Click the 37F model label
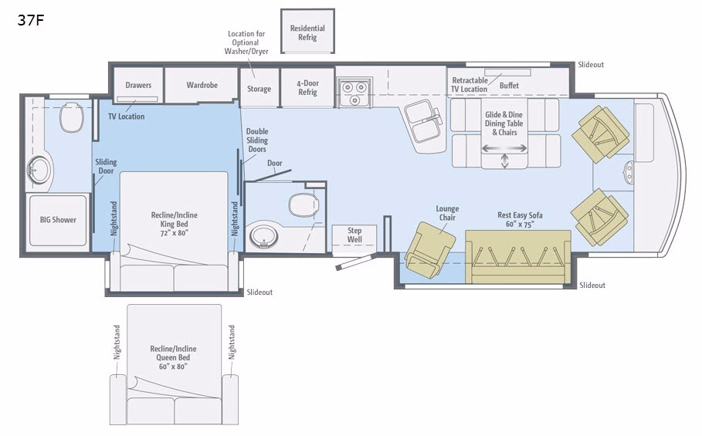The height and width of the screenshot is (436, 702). pos(31,20)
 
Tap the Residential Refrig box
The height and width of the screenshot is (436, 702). pos(307,32)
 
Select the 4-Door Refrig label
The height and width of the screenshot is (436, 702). pos(307,88)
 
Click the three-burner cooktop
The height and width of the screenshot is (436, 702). pos(354,93)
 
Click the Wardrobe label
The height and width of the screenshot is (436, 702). pos(202,85)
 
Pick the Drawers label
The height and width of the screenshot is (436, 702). pos(138,85)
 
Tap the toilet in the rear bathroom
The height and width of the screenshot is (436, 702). pos(72,117)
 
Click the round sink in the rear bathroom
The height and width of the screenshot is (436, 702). pos(39,170)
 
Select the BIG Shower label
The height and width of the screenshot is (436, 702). pos(58,220)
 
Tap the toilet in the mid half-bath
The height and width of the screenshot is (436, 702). pos(304,204)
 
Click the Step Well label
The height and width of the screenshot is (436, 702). pos(354,235)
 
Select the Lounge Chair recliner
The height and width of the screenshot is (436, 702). pos(429,249)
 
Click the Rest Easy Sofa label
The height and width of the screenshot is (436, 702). pos(520,215)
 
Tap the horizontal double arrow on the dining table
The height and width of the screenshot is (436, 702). pos(504,148)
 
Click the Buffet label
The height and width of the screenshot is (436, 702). pos(509,86)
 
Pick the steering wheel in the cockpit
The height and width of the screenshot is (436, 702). pos(629,172)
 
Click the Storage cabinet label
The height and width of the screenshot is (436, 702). pos(259,89)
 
